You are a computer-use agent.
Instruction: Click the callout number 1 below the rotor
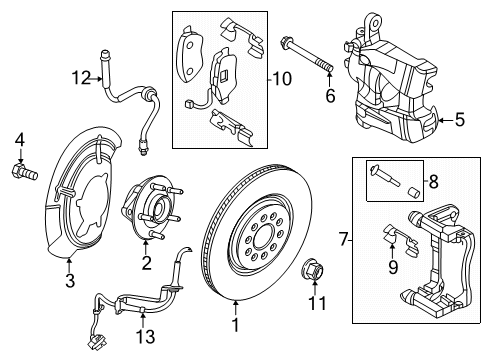tap(236, 326)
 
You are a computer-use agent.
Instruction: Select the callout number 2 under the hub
tap(146, 263)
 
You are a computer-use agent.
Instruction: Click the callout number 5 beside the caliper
tap(459, 121)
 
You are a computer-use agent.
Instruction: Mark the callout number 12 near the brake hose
tap(80, 76)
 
